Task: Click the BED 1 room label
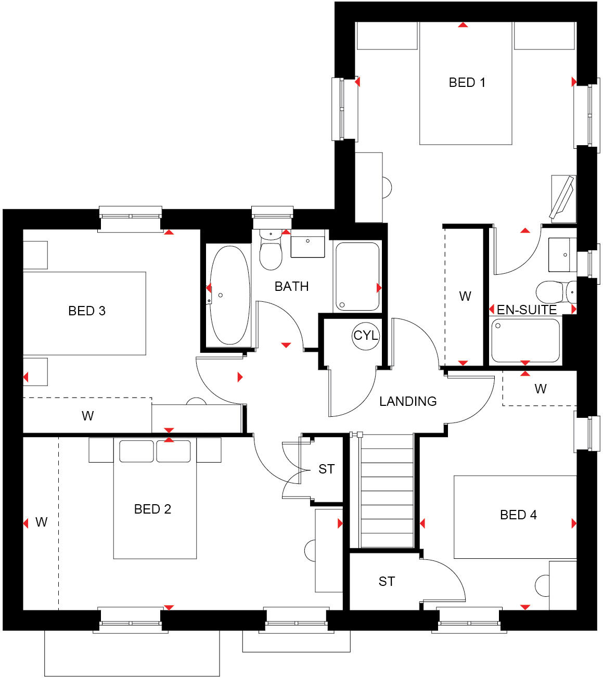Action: pyautogui.click(x=467, y=82)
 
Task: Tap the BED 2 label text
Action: pyautogui.click(x=152, y=509)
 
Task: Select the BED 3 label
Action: pyautogui.click(x=87, y=311)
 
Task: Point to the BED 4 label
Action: pyautogui.click(x=518, y=515)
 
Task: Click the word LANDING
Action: pyautogui.click(x=408, y=401)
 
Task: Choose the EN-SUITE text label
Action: pyautogui.click(x=527, y=310)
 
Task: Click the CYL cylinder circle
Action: pyautogui.click(x=366, y=336)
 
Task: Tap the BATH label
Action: pyautogui.click(x=291, y=286)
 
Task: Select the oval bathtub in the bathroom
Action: pyautogui.click(x=229, y=295)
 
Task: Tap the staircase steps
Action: pyautogui.click(x=387, y=492)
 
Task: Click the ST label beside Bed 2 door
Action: pyautogui.click(x=326, y=469)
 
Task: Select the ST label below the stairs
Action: pyautogui.click(x=387, y=581)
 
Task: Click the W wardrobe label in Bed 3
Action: pyautogui.click(x=87, y=416)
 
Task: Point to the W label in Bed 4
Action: pyautogui.click(x=541, y=389)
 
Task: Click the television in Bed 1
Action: pyautogui.click(x=562, y=198)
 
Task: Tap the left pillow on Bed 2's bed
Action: pyautogui.click(x=136, y=451)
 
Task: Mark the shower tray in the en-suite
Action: pyautogui.click(x=525, y=340)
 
